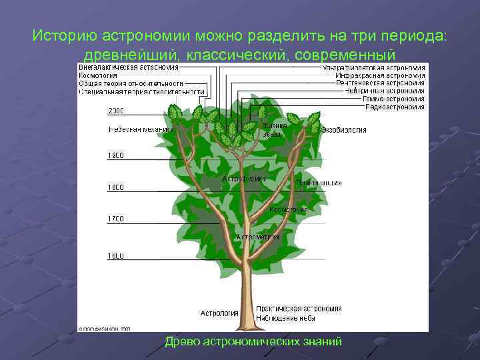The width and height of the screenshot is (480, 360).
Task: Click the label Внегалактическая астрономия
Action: (129, 67)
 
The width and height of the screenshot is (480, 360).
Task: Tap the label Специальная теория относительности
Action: (141, 91)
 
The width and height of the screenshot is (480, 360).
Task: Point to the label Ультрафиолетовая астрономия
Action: (373, 67)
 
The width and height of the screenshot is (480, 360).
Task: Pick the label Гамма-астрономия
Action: (393, 99)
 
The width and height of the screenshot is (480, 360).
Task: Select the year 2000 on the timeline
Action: (116, 111)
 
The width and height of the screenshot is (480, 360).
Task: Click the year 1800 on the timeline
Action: (116, 188)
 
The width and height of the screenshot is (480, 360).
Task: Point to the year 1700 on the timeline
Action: (116, 219)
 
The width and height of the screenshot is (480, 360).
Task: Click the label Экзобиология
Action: (343, 130)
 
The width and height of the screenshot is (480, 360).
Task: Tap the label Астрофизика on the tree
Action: (244, 179)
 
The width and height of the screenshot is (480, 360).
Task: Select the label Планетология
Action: (319, 182)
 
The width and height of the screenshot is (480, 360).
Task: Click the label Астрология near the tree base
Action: (219, 313)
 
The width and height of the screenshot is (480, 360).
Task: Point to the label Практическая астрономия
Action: (299, 309)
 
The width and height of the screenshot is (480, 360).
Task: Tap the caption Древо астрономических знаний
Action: (253, 341)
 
